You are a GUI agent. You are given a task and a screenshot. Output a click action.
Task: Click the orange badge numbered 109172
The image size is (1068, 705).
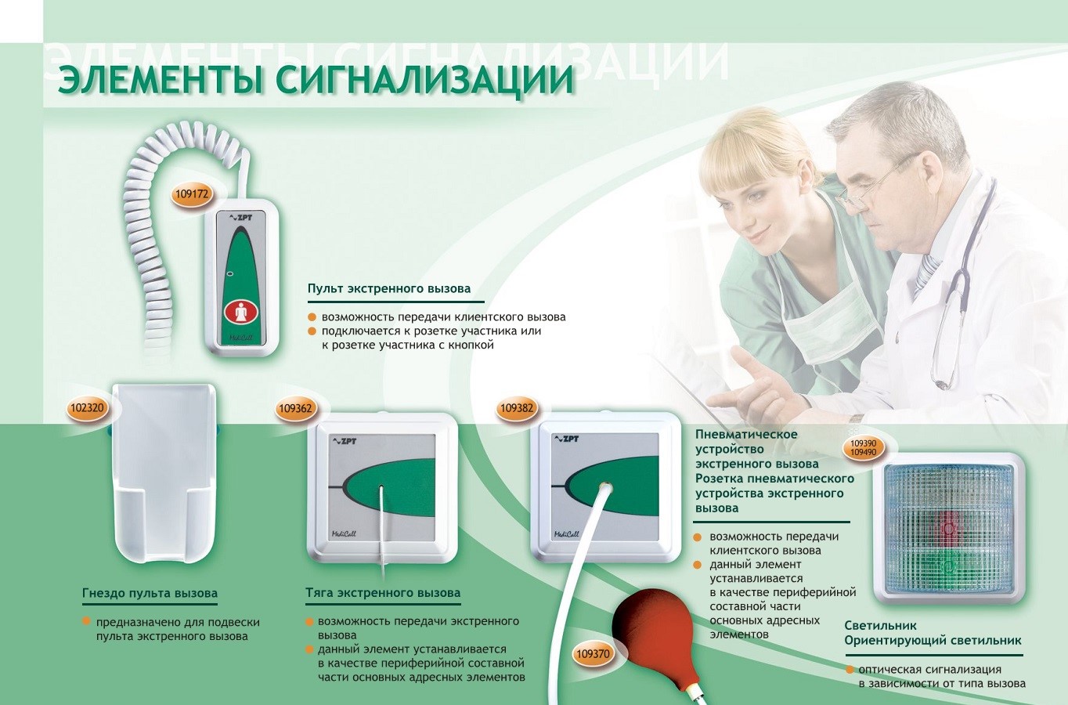pos(192,194)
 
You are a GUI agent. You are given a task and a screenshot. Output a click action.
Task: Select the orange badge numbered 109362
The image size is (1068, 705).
pos(296,408)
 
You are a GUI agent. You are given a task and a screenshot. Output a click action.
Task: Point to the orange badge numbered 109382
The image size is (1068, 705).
pos(517,408)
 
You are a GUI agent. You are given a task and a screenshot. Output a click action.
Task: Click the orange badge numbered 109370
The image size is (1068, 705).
pos(593,653)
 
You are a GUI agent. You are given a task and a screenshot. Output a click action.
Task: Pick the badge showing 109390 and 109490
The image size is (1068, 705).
pos(864,447)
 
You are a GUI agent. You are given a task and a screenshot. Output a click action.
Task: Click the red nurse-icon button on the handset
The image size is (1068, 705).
pos(241,313)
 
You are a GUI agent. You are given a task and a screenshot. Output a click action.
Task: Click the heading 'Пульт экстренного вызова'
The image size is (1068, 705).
pos(388,288)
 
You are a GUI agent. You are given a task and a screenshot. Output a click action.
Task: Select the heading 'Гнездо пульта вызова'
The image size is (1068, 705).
pos(150,594)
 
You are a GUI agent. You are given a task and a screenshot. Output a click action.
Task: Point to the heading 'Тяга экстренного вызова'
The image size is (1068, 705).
pos(383,593)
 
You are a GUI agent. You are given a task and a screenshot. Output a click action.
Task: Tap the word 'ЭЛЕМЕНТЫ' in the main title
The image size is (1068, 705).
pos(161,81)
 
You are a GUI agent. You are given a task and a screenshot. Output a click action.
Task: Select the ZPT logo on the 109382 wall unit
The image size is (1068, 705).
pos(566,439)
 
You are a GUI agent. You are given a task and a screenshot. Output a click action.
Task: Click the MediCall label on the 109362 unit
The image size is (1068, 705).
pos(344,533)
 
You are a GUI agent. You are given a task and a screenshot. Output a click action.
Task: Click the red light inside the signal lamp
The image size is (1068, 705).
pos(949,528)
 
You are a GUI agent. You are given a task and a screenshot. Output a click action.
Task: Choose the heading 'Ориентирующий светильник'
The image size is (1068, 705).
pos(933,640)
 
